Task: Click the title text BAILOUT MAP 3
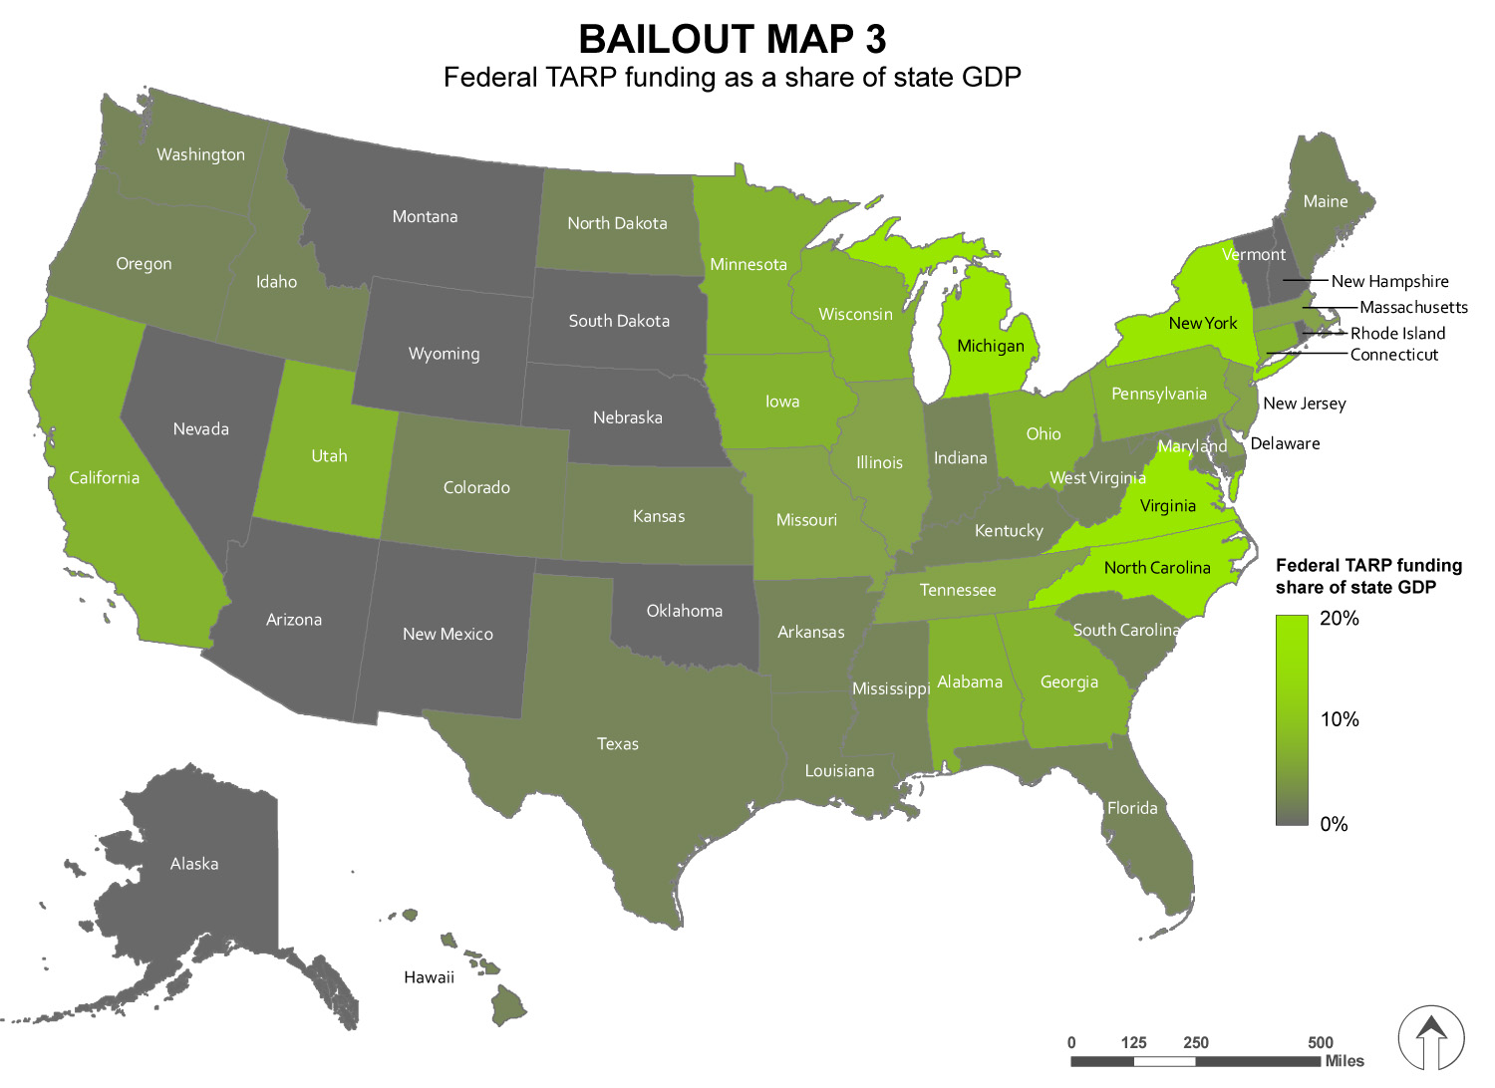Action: (x=732, y=40)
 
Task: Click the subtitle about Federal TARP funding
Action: (x=732, y=78)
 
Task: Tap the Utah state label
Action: (x=329, y=456)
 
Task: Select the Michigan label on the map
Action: (x=990, y=346)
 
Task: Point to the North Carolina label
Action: (x=1156, y=568)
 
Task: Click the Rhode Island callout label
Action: (x=1397, y=334)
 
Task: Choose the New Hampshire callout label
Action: (x=1389, y=282)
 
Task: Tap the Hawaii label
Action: (x=429, y=977)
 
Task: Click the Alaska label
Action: (x=194, y=864)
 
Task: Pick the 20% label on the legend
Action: (x=1339, y=619)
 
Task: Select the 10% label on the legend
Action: (x=1339, y=719)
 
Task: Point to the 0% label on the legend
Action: (x=1334, y=824)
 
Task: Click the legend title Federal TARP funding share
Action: (x=1368, y=576)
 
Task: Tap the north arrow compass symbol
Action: (x=1431, y=1037)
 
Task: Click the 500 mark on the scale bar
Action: (x=1320, y=1042)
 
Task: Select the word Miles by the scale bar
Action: (x=1345, y=1061)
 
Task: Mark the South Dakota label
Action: (x=619, y=321)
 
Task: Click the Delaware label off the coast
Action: (x=1285, y=443)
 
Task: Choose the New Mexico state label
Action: (x=448, y=634)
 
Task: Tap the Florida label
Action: (x=1132, y=808)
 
